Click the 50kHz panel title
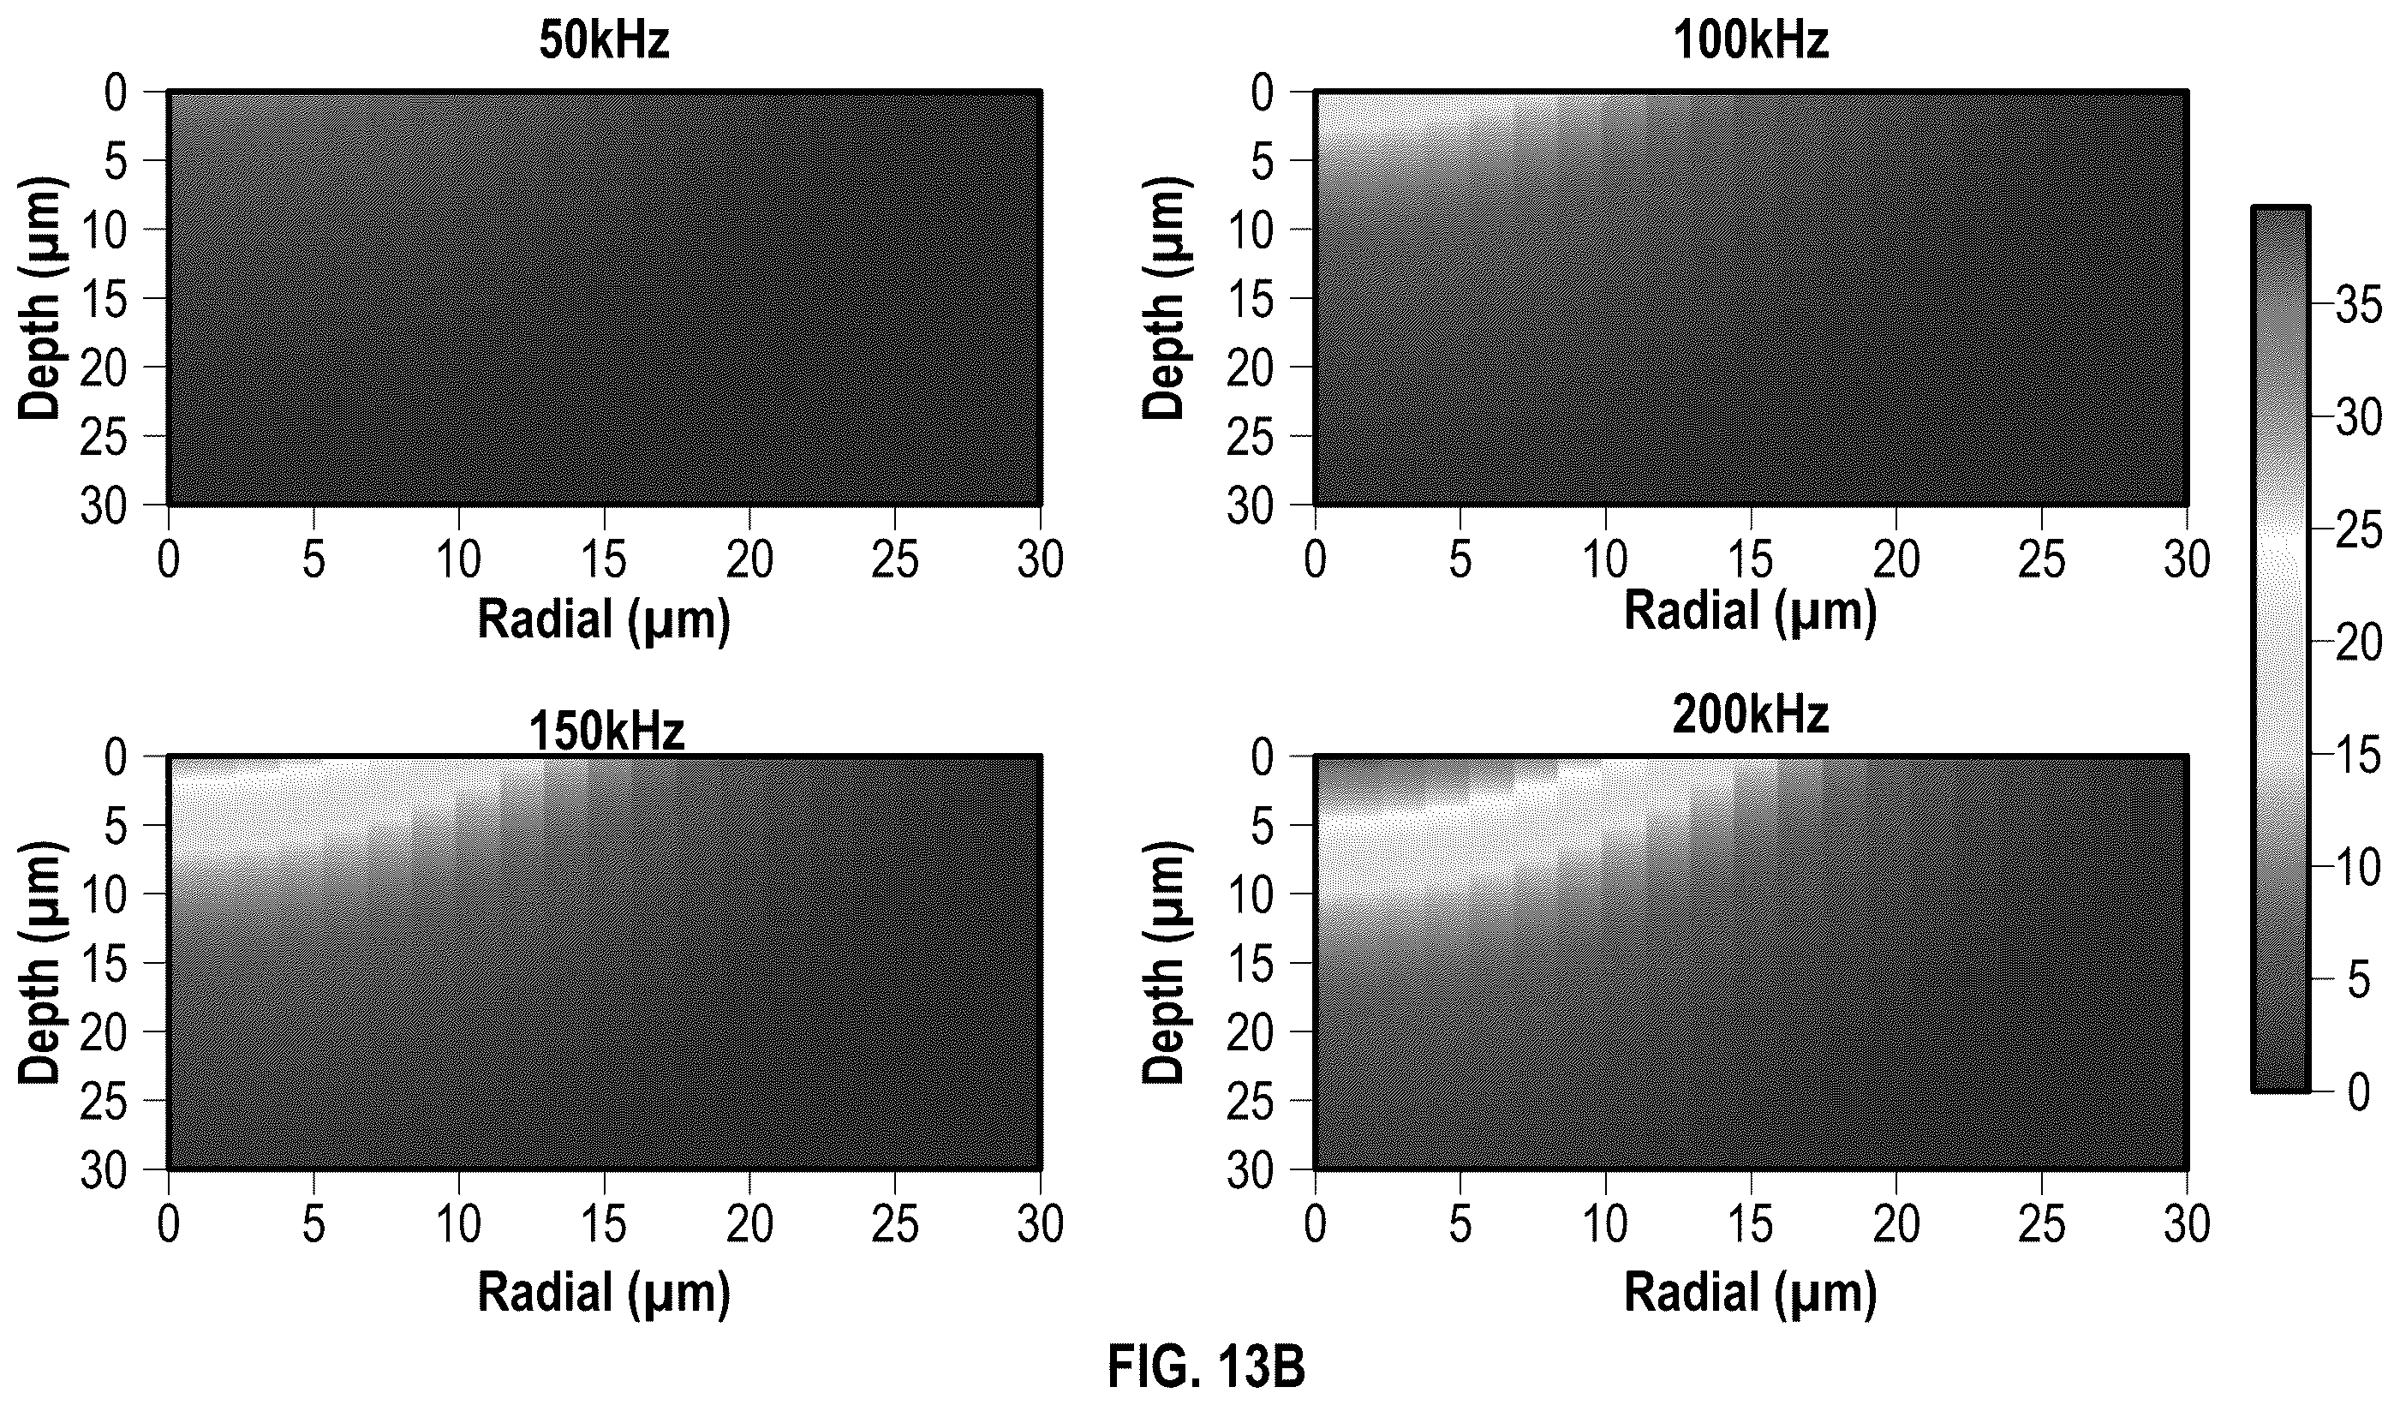tap(604, 42)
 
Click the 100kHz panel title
tap(1751, 42)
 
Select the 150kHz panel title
tap(606, 732)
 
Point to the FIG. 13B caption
tap(1206, 1368)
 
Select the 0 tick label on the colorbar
tap(2359, 1091)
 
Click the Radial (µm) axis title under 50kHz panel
tap(604, 621)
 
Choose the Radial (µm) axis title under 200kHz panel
tap(1751, 1294)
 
